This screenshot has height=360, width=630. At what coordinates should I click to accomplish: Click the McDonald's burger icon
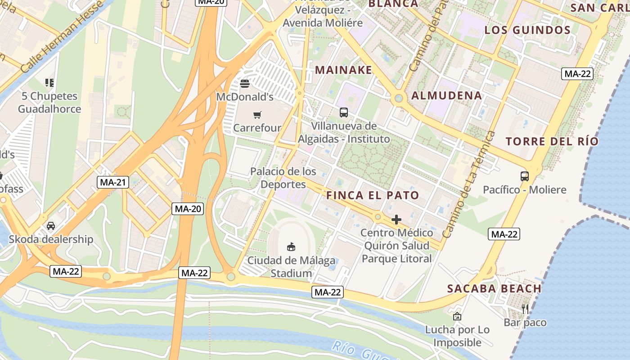(245, 83)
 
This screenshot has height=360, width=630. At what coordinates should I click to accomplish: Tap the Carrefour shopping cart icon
(257, 115)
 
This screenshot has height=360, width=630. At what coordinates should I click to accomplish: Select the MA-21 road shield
(113, 182)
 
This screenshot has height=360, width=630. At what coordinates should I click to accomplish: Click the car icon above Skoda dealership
(51, 225)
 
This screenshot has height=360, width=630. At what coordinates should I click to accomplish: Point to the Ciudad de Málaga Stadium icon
(292, 247)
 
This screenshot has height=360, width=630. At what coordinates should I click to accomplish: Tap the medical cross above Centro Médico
(396, 220)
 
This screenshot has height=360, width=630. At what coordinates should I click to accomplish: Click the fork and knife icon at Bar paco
(525, 309)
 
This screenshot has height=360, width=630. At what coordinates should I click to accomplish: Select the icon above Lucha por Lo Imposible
(457, 316)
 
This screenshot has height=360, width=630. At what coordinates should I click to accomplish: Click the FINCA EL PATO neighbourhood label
(373, 195)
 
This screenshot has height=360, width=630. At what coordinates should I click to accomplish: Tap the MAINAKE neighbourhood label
(344, 70)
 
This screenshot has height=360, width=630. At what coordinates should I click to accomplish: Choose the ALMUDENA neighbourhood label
(446, 95)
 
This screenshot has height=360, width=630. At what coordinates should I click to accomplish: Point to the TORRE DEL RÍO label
(552, 141)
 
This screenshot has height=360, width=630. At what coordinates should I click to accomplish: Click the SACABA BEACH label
(494, 288)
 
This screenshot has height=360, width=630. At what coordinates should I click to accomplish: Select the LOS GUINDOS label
(527, 30)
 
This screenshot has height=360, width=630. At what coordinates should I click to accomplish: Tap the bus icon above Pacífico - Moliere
(525, 176)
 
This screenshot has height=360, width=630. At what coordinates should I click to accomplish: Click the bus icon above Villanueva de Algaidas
(344, 112)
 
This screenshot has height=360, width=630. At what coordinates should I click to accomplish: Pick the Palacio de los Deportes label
(283, 178)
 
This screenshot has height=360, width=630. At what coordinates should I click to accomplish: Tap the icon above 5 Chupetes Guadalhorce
(49, 83)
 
